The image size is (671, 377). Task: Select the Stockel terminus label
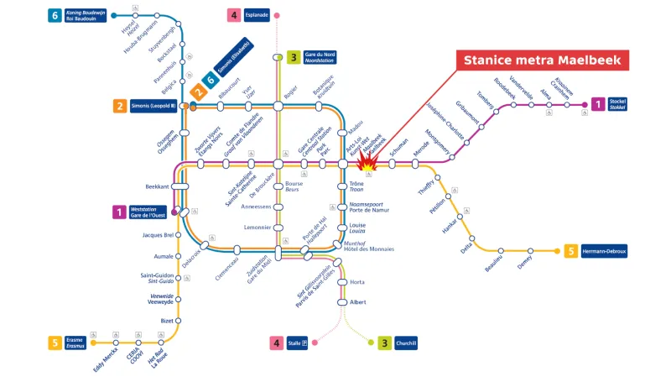click(617, 104)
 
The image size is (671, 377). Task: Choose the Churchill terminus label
click(407, 343)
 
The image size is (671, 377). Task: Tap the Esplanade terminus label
click(257, 15)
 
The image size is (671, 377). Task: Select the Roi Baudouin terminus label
click(86, 15)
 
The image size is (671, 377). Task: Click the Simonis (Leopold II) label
click(153, 106)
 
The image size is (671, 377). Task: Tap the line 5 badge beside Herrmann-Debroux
click(570, 251)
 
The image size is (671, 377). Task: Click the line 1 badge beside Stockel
click(597, 104)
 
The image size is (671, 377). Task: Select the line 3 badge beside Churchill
click(384, 343)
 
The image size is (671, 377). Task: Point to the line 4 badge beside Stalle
click(276, 343)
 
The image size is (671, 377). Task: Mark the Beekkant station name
click(157, 186)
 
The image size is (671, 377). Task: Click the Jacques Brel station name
click(158, 235)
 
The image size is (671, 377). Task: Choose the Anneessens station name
click(256, 206)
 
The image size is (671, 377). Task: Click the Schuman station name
click(398, 144)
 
